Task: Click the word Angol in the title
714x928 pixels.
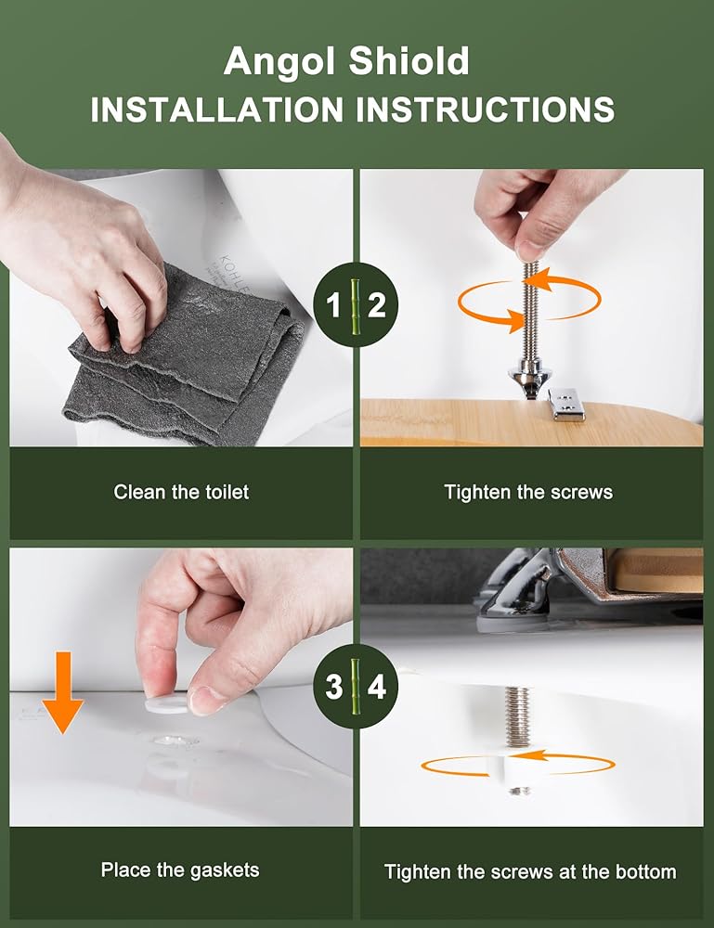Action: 282,61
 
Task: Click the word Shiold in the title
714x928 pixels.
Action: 409,60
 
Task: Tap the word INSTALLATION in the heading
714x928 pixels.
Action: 216,110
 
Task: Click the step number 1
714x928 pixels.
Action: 334,306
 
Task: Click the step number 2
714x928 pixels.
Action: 377,306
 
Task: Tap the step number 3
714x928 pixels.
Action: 334,687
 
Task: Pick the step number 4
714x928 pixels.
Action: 377,687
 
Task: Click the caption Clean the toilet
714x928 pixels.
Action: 181,492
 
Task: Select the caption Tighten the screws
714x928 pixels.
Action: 528,492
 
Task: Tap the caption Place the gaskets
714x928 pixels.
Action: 180,870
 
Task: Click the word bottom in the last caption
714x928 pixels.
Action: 646,871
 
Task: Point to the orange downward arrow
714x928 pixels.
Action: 63,692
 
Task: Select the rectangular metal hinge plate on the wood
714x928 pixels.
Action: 566,404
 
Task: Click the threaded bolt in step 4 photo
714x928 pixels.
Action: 517,717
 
